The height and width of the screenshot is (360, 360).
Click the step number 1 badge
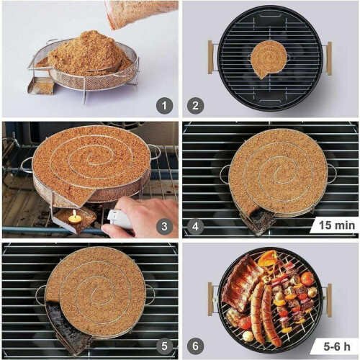click(x=164, y=106)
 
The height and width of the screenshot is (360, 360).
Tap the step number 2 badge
click(x=196, y=106)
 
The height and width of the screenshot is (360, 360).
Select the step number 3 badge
click(x=164, y=226)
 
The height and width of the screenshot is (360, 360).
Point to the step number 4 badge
click(x=196, y=226)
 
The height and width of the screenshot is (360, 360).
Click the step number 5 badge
click(x=164, y=346)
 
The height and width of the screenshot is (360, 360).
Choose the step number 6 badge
click(x=196, y=346)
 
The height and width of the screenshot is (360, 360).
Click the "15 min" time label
click(x=337, y=225)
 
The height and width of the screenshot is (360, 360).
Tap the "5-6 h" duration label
click(x=337, y=346)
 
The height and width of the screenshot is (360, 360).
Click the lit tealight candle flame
click(x=74, y=214)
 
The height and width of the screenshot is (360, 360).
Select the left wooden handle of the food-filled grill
click(x=210, y=300)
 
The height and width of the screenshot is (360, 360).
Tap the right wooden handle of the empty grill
click(x=329, y=58)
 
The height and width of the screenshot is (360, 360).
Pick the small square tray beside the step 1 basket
click(x=41, y=85)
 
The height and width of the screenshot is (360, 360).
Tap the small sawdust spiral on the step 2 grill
click(x=269, y=58)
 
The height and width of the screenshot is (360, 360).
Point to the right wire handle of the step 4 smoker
click(x=331, y=174)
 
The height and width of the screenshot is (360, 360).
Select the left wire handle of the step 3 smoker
click(x=26, y=164)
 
